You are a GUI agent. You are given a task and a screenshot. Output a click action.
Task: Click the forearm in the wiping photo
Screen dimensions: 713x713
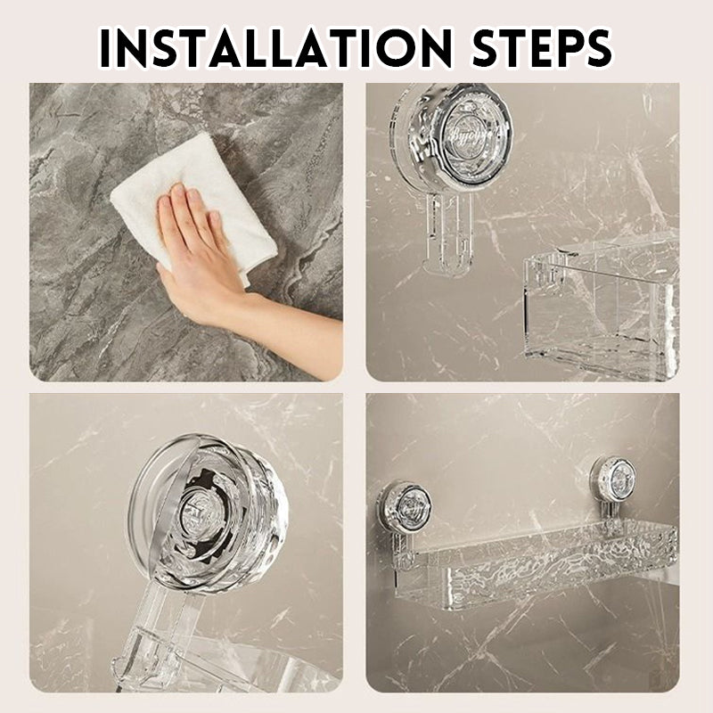[x=294, y=339]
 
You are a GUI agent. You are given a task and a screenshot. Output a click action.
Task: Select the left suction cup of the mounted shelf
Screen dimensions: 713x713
[x=406, y=508]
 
